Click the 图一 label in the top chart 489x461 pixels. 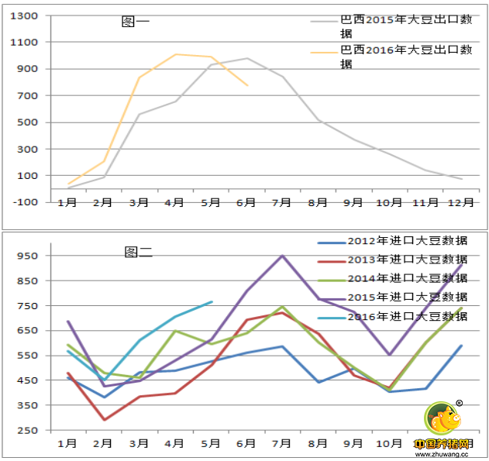pos(136,22)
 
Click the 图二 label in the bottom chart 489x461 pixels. pos(139,252)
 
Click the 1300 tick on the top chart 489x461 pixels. pos(27,16)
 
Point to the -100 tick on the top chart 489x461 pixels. pos(27,201)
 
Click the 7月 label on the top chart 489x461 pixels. pos(281,202)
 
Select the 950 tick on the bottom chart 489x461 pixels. pos(27,256)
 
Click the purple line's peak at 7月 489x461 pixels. pos(282,256)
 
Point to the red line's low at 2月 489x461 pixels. pos(104,420)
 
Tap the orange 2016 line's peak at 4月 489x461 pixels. pos(176,54)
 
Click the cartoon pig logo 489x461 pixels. pos(442,419)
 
